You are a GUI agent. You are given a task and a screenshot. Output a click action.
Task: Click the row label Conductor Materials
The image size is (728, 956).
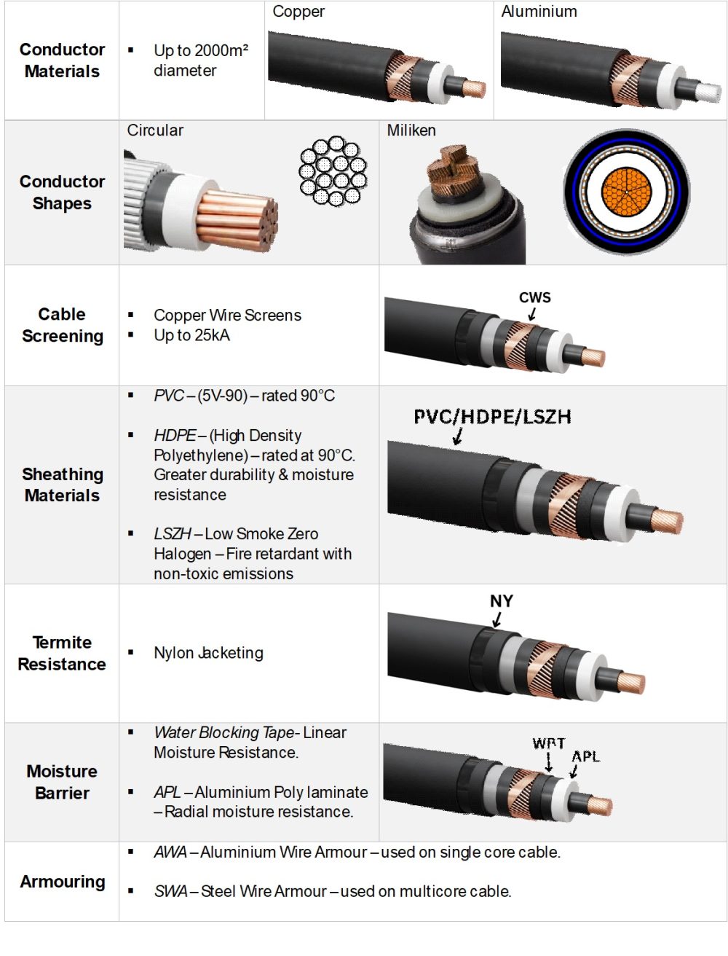click(x=62, y=60)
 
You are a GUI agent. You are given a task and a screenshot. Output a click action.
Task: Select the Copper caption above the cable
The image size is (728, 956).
click(x=298, y=12)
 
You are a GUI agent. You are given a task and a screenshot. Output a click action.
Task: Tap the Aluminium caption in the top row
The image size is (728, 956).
click(x=539, y=12)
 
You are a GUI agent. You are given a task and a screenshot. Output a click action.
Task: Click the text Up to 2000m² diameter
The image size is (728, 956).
click(x=200, y=60)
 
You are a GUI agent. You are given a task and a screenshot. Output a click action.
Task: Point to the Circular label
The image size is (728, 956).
click(x=155, y=130)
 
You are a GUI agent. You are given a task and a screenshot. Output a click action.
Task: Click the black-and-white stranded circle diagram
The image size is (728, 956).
click(x=333, y=171)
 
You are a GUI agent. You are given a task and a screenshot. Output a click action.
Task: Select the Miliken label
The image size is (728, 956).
click(x=411, y=130)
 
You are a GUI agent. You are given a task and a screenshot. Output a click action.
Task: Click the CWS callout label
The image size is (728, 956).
click(x=535, y=297)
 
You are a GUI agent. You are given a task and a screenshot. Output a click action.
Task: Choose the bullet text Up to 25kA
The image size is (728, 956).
click(x=191, y=335)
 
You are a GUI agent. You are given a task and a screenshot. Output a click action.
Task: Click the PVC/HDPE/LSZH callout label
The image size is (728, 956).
click(x=492, y=417)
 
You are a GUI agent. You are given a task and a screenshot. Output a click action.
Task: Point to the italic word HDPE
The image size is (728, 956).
click(x=175, y=436)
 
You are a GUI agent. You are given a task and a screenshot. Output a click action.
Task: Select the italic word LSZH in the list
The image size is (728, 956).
click(x=173, y=534)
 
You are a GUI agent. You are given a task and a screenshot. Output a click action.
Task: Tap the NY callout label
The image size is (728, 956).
click(x=502, y=601)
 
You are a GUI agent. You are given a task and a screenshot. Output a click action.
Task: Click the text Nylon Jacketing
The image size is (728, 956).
click(x=208, y=653)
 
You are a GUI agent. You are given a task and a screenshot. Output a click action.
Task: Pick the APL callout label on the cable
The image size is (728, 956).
click(x=586, y=756)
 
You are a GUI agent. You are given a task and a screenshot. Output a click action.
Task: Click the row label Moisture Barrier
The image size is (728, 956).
click(x=62, y=782)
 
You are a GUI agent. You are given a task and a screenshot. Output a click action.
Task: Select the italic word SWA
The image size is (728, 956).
click(x=170, y=891)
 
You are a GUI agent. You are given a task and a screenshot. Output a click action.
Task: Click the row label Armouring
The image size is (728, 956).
click(x=62, y=882)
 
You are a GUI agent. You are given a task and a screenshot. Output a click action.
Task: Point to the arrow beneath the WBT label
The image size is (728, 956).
click(x=549, y=763)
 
